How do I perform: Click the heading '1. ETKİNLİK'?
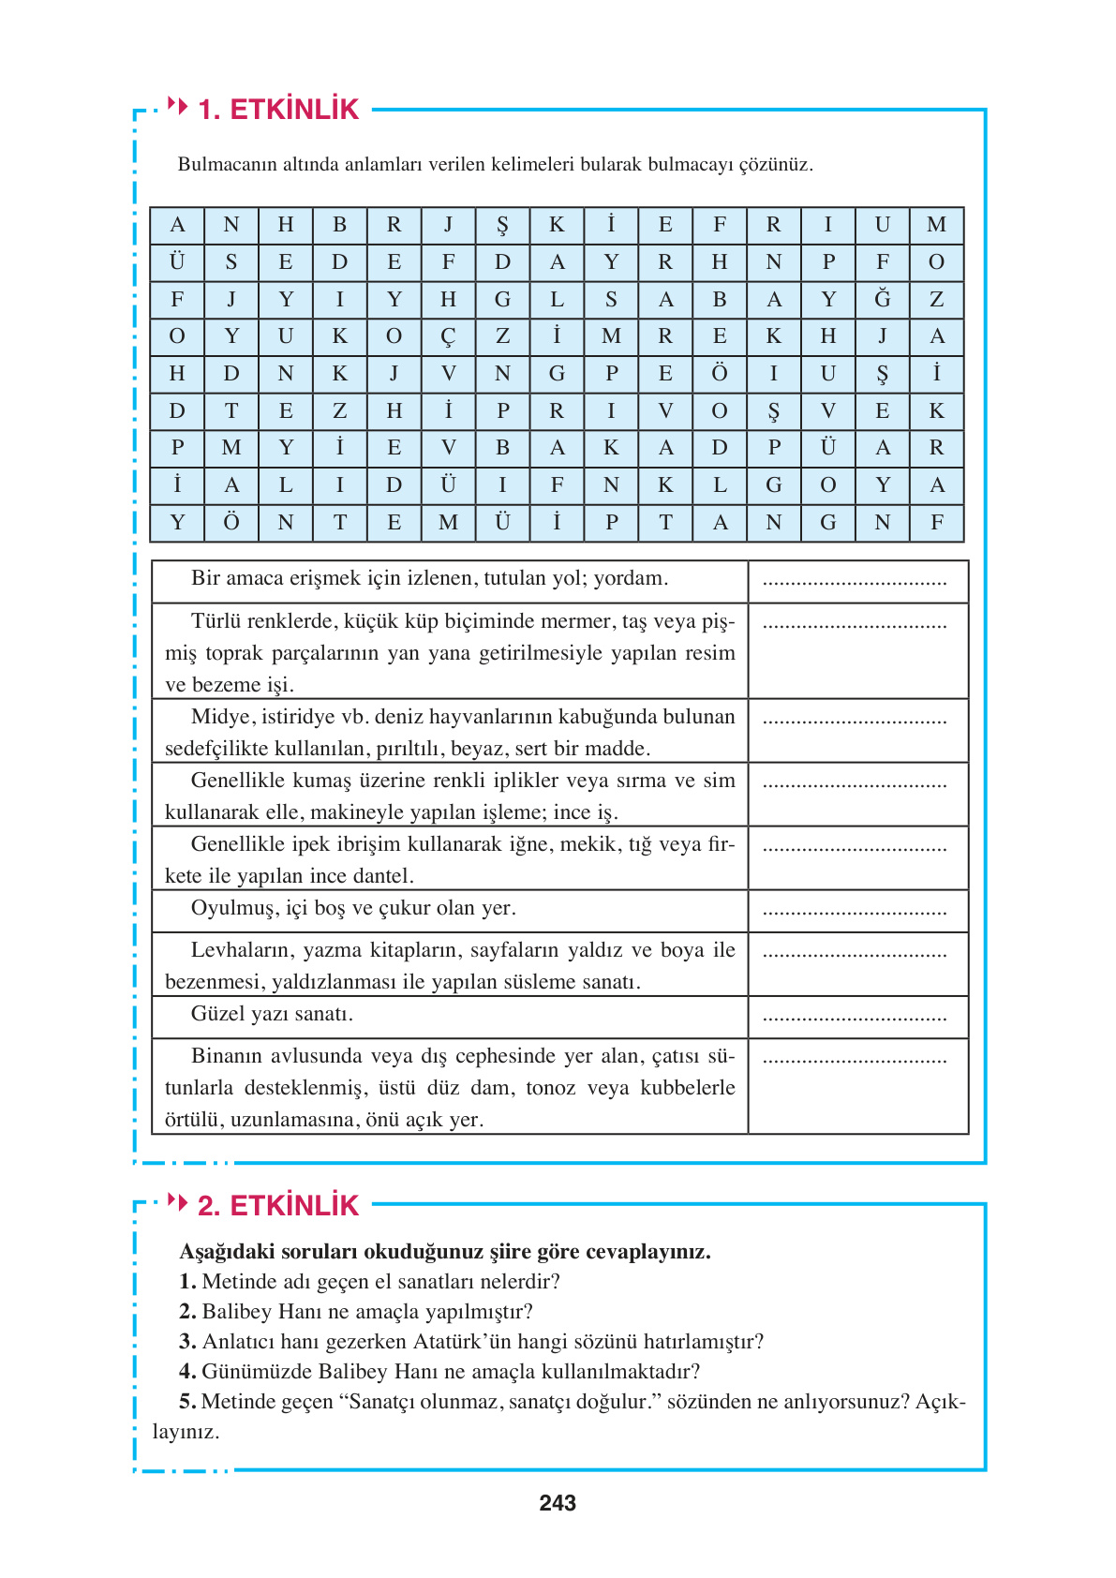tap(278, 110)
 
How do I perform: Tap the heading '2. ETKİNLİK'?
tap(278, 1205)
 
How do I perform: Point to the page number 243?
tap(558, 1503)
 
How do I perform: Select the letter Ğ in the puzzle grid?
tap(883, 299)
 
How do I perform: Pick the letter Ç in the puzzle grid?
tap(448, 336)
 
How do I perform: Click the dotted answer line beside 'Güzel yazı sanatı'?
tap(855, 1017)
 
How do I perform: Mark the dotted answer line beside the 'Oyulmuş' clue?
tap(855, 911)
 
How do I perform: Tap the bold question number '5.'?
tap(187, 1402)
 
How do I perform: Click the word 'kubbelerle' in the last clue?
tap(688, 1088)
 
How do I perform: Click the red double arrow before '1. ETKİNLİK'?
tap(177, 105)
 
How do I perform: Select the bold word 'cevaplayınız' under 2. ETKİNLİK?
tap(647, 1252)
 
